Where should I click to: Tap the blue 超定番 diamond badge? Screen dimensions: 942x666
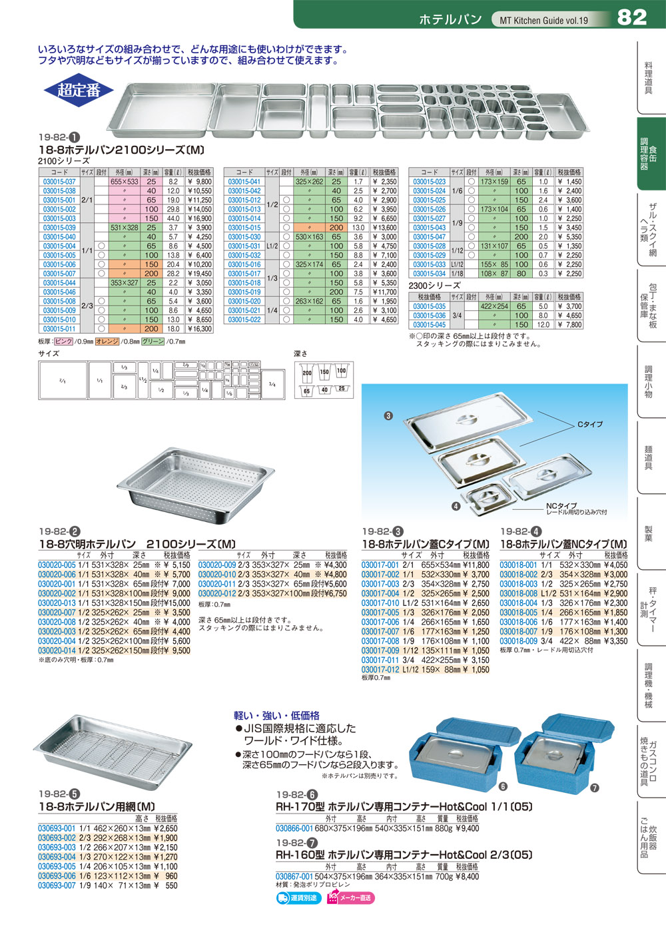[x=79, y=90]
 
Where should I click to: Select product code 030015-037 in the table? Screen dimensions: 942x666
[x=59, y=182]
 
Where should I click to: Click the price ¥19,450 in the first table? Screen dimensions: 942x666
[x=199, y=274]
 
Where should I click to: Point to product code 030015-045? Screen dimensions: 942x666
[x=430, y=325]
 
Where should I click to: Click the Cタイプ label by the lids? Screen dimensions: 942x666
[x=589, y=424]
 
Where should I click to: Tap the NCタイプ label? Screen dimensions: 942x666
[x=561, y=506]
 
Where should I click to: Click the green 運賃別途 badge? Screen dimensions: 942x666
[x=298, y=898]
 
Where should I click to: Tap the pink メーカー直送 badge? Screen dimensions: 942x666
[x=350, y=898]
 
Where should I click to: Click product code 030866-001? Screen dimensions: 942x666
[x=294, y=829]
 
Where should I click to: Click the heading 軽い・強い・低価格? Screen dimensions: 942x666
[x=276, y=715]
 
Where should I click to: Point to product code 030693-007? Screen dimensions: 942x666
[x=57, y=886]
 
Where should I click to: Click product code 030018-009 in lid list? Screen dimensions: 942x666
[x=518, y=641]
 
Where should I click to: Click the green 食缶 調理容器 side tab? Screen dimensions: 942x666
[x=649, y=154]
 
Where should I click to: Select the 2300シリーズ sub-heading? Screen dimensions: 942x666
[x=434, y=286]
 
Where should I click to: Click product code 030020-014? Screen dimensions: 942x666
[x=57, y=650]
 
